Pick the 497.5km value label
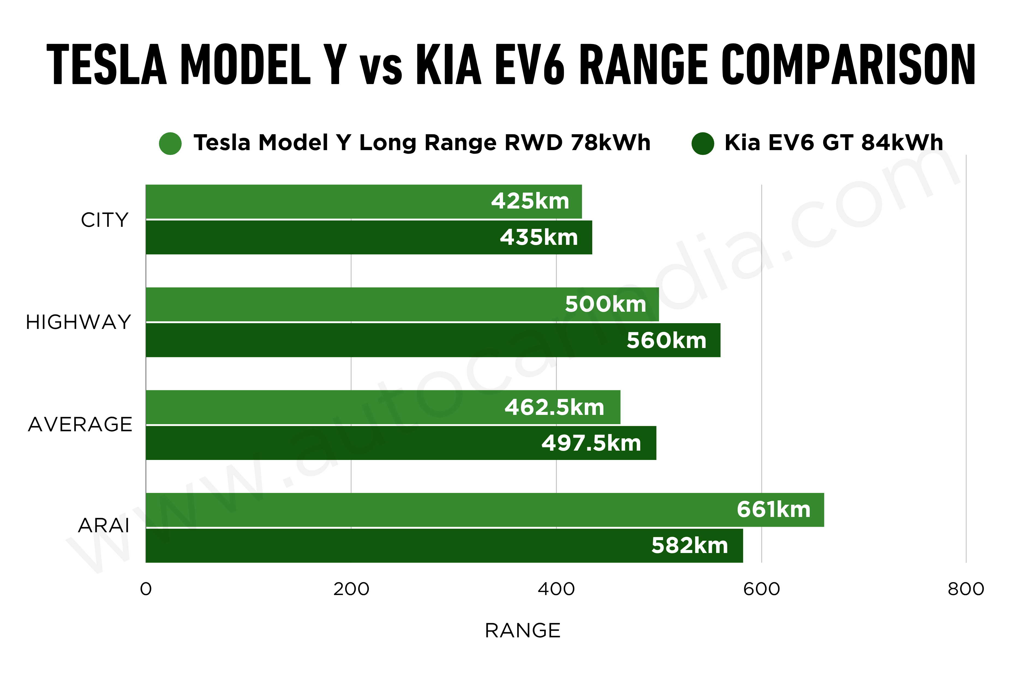pyautogui.click(x=591, y=443)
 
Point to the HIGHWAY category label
pyautogui.click(x=78, y=322)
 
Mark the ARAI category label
pyautogui.click(x=103, y=526)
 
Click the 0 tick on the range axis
pyautogui.click(x=146, y=589)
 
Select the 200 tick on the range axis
pyautogui.click(x=351, y=589)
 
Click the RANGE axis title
pyautogui.click(x=522, y=631)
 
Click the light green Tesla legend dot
pyautogui.click(x=170, y=143)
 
